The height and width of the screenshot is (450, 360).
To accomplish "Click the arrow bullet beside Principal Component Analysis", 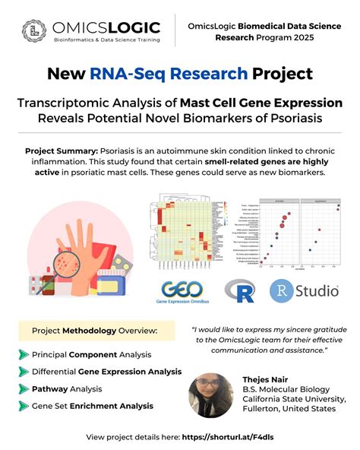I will (x=23, y=354).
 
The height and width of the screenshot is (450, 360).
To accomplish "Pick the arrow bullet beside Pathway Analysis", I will (x=23, y=388).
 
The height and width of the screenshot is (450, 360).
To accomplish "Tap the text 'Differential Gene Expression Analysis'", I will (x=106, y=372).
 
